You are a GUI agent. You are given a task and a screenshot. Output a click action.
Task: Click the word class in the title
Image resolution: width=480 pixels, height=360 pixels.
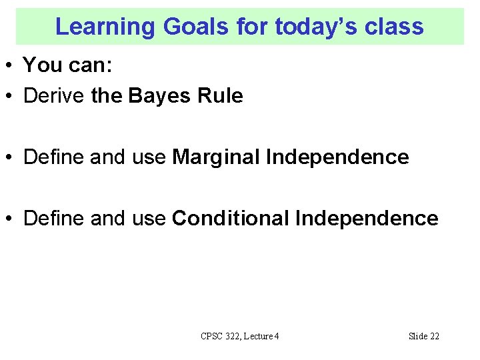pos(394,27)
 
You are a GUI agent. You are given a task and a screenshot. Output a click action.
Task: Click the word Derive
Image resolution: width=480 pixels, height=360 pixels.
pos(54,96)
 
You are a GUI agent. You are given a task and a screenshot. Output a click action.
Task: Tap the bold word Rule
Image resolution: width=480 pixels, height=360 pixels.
pos(220,96)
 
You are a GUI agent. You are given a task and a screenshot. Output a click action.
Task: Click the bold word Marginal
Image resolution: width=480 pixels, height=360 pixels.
pos(216,157)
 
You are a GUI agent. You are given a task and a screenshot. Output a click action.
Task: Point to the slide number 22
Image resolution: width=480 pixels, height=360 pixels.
pos(433,336)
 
